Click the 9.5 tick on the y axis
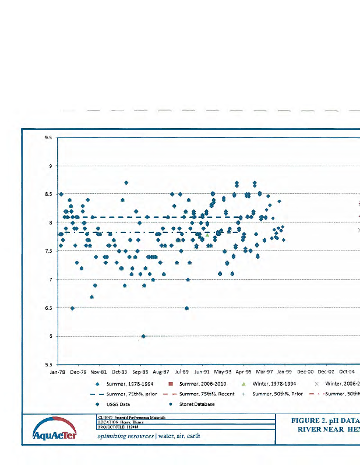(x=48, y=138)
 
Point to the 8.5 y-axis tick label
(x=48, y=195)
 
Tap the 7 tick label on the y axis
(x=51, y=280)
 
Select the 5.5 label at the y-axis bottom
(x=48, y=365)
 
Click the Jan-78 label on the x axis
(x=58, y=371)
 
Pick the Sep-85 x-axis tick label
(x=140, y=371)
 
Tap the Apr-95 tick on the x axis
(x=243, y=371)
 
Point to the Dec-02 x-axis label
(x=326, y=371)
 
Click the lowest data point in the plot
(x=143, y=336)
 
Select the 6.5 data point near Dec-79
(x=72, y=308)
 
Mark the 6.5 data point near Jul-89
(x=186, y=308)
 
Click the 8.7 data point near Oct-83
(x=126, y=183)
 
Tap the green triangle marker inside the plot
(x=207, y=235)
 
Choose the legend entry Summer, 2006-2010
(x=196, y=384)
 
